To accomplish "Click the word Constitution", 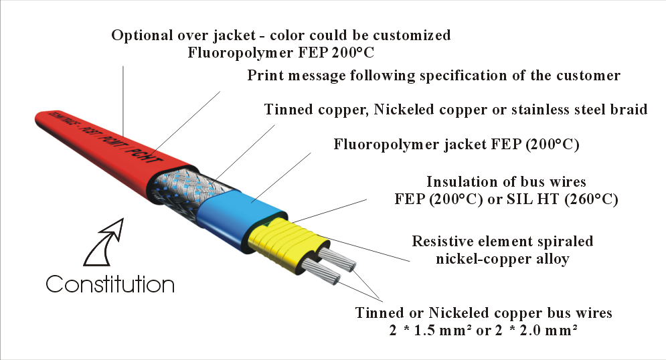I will (110, 284).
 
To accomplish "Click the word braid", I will (629, 109).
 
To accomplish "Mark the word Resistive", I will (442, 241).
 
